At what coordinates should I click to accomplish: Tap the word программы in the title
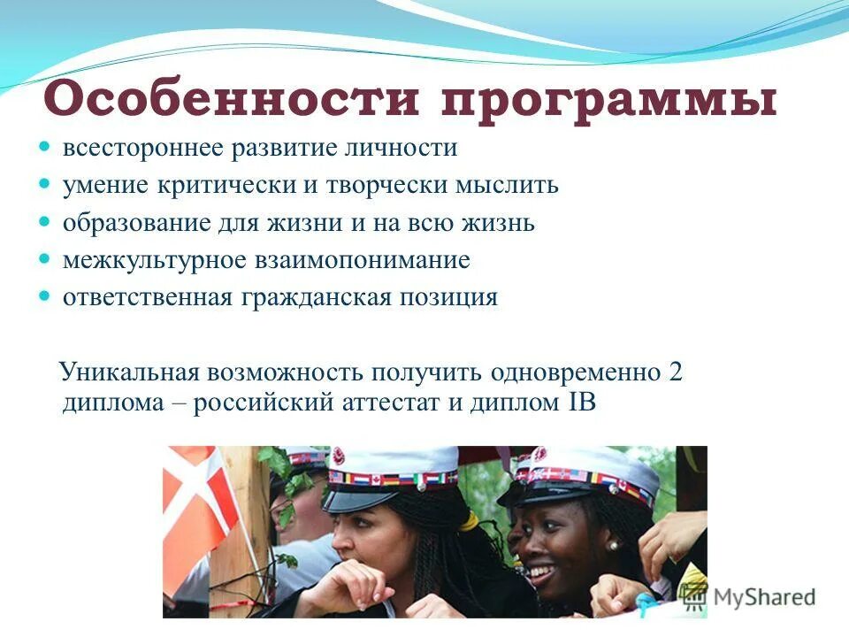(x=610, y=100)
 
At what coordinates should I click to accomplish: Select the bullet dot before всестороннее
(x=47, y=147)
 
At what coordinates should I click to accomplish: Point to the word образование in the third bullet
(x=134, y=222)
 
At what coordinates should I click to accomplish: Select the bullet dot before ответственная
(x=47, y=297)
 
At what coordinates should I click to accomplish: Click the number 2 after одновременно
(x=676, y=372)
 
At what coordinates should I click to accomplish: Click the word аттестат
(x=393, y=403)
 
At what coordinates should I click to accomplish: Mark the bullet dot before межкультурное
(x=47, y=260)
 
